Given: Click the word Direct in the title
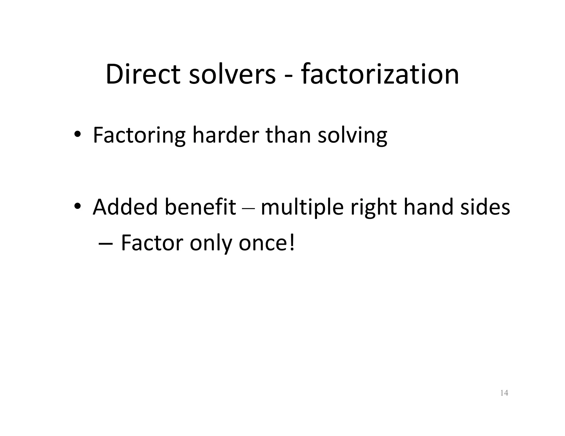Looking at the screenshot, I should coord(143,74).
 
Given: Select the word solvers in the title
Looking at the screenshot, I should coord(232,74).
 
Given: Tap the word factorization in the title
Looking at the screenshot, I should coord(380,74).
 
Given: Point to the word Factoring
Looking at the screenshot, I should coord(139,136).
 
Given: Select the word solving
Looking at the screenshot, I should coord(352,136).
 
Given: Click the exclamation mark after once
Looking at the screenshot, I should coord(292,243).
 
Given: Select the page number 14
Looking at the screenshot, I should coord(504,393).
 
